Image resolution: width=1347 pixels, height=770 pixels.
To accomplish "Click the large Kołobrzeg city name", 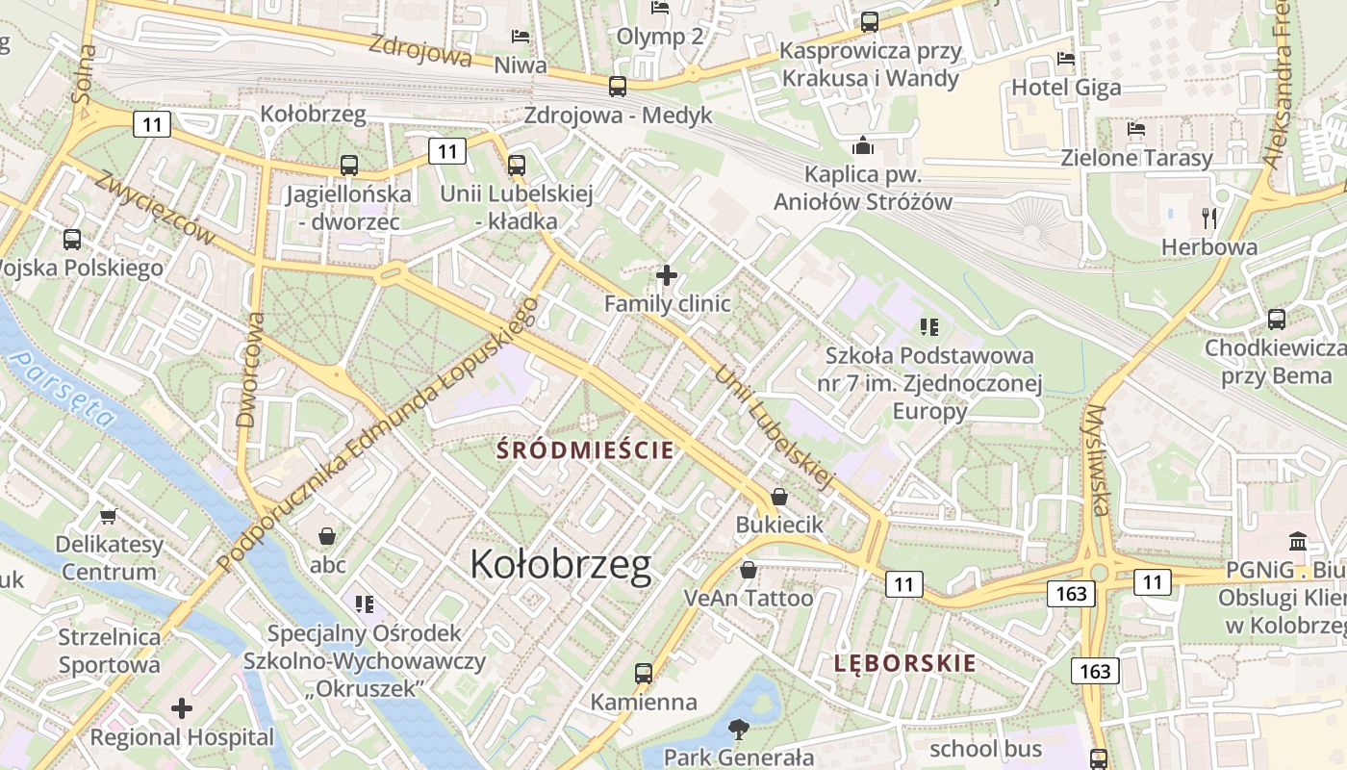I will tap(561, 565).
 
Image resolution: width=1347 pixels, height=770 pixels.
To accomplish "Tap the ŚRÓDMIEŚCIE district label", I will tap(584, 449).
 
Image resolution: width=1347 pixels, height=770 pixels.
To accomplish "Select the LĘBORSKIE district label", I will tap(904, 663).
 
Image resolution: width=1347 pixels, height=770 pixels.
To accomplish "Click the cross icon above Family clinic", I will tap(666, 276).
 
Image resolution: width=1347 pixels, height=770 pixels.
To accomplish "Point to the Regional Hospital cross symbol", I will tap(182, 709).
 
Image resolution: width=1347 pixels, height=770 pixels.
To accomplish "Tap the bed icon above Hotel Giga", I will tap(1065, 59).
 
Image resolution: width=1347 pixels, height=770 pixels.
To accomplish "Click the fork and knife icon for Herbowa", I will tap(1209, 218).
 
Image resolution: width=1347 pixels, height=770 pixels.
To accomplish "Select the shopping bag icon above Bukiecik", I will tap(779, 497).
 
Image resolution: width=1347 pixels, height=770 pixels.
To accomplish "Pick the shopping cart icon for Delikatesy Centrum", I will tap(109, 517).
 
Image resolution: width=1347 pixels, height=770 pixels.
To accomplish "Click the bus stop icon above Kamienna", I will tap(644, 674).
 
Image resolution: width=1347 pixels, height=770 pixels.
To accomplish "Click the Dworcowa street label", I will tap(250, 369).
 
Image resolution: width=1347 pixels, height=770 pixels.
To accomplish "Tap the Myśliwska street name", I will tap(1097, 460).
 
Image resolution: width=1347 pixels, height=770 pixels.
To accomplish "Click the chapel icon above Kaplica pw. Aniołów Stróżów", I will tap(862, 146).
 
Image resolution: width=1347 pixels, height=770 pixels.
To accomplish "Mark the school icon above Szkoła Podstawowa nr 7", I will tap(928, 327).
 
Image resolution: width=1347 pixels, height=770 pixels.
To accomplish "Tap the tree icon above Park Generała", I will tap(738, 729).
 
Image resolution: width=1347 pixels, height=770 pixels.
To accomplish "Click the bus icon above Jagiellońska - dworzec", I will tap(348, 166).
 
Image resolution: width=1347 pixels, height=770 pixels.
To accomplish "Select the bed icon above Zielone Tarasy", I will tap(1136, 129).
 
